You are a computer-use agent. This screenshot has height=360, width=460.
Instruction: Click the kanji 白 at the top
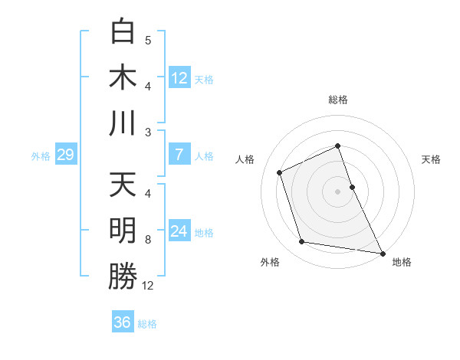123,32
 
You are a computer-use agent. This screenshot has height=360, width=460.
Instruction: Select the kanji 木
123,77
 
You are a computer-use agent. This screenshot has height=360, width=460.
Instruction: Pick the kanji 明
123,231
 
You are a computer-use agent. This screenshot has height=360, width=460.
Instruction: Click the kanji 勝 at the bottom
123,276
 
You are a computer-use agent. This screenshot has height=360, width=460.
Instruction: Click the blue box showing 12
179,78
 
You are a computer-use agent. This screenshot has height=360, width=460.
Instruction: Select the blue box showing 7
179,155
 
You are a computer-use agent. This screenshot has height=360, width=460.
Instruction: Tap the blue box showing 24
179,231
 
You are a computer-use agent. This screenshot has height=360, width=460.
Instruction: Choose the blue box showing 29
65,155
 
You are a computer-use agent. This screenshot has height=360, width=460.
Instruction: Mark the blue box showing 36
122,322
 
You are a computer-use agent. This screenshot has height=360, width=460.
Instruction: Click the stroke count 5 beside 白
148,41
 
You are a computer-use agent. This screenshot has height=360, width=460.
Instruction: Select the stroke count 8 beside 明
148,240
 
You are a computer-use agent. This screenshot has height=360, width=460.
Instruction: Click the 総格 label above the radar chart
338,100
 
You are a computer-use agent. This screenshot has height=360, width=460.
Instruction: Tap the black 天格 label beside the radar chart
431,159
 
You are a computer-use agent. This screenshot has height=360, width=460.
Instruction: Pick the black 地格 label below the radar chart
402,262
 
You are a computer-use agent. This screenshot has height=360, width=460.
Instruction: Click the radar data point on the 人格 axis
280,172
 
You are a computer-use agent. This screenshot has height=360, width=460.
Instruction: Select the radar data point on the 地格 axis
382,252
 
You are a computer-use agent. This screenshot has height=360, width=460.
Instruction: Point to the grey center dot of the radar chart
337,191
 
